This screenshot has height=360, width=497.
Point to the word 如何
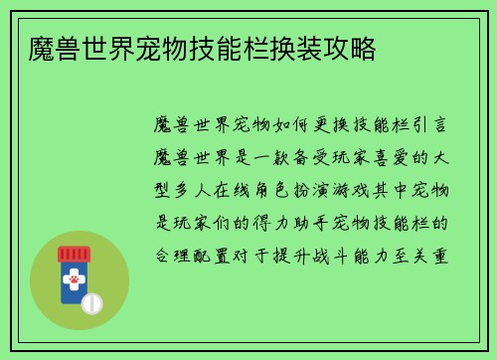coord(299,126)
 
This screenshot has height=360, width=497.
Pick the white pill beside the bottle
coord(92,300)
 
